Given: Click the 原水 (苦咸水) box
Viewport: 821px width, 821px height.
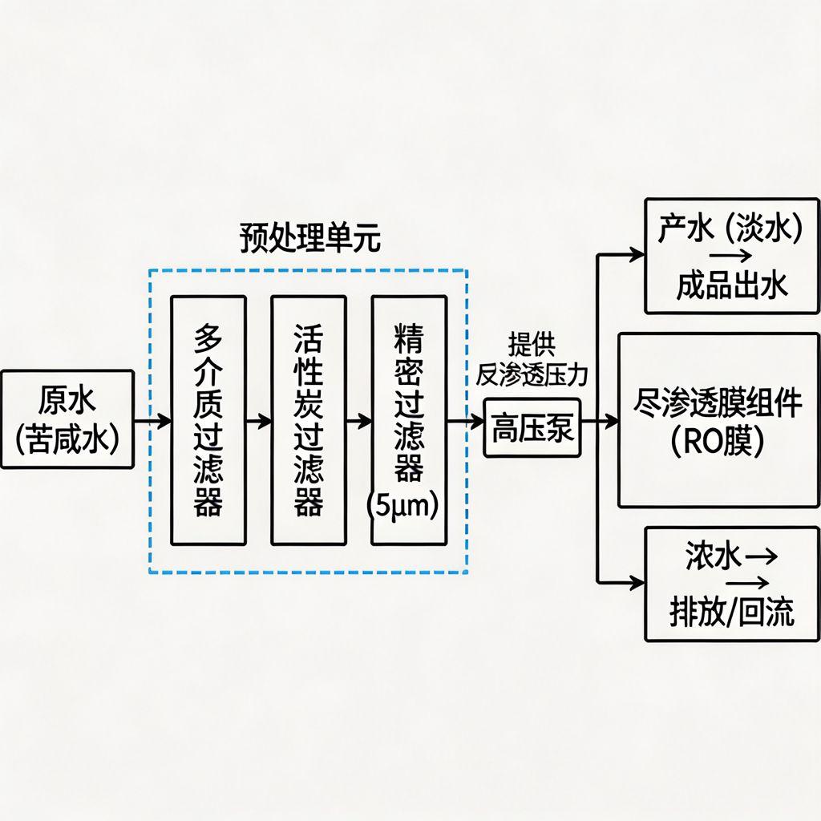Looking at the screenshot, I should (x=67, y=419).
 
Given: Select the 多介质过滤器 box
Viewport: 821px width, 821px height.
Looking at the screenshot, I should (x=208, y=420).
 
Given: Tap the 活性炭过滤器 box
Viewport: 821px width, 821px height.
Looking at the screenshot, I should (x=309, y=420).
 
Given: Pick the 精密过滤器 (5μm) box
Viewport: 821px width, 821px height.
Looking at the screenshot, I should (x=409, y=420).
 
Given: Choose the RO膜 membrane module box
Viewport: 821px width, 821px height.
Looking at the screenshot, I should (x=718, y=421).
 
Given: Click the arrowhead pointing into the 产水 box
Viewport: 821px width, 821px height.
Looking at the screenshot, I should (x=637, y=256).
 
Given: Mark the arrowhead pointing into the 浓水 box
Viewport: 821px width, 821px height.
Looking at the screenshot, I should (x=637, y=583).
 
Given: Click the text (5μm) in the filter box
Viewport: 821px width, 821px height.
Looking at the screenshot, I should (x=407, y=508).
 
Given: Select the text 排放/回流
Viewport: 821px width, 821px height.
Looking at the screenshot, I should (x=731, y=613).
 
